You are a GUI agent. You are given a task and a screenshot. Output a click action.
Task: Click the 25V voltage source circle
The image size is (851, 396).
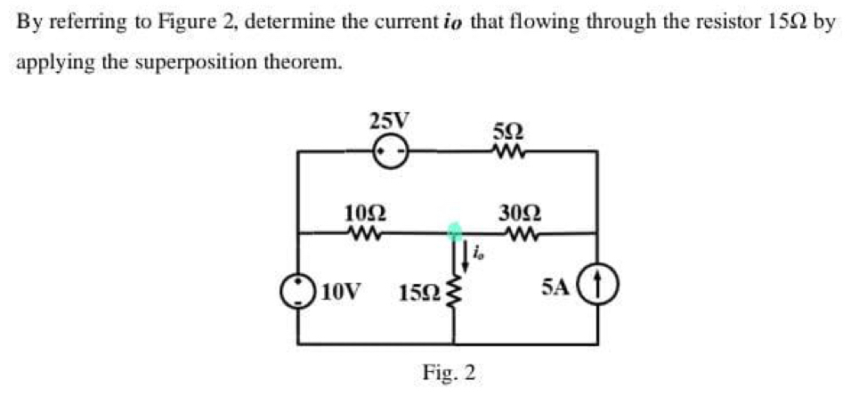click(x=390, y=152)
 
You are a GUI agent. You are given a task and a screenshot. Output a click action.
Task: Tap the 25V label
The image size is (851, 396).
click(x=390, y=120)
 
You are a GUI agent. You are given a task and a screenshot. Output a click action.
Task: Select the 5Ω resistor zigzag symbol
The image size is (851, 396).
click(x=511, y=152)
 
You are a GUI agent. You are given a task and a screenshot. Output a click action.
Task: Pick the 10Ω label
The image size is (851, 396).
click(x=364, y=214)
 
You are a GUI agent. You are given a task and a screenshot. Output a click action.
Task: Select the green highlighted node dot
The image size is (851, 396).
click(x=455, y=233)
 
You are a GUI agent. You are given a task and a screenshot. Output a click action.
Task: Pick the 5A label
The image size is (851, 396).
click(x=554, y=287)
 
